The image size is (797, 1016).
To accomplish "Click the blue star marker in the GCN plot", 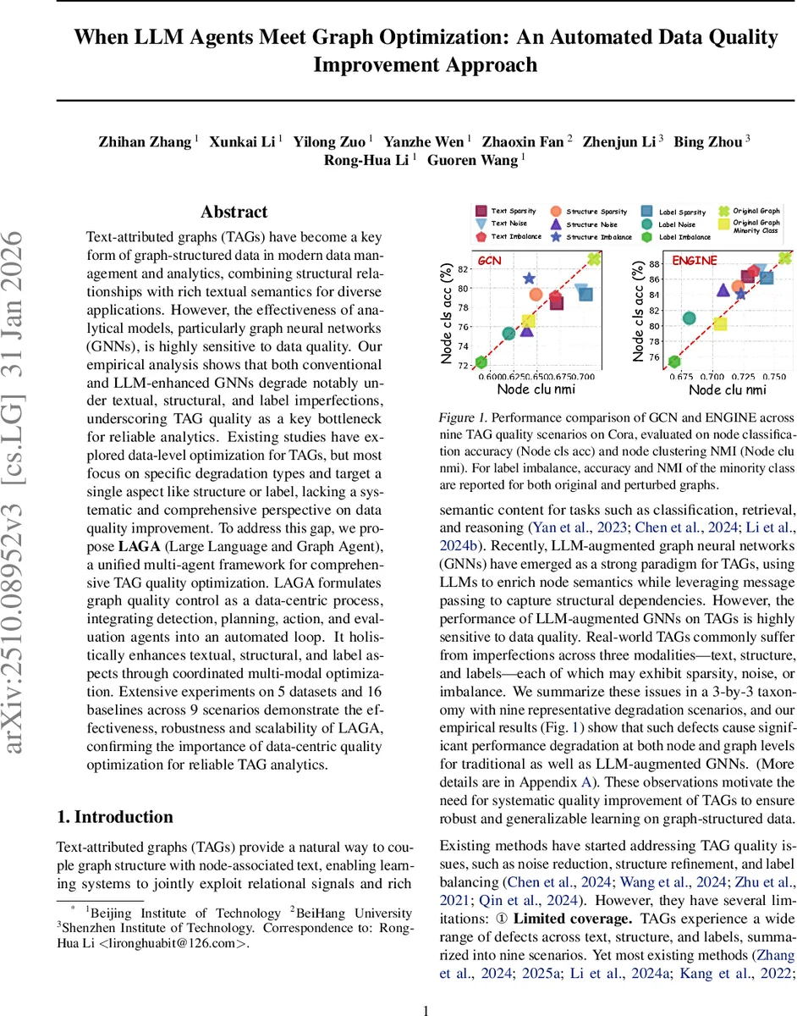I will [530, 279].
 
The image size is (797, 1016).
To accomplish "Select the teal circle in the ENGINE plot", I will [690, 318].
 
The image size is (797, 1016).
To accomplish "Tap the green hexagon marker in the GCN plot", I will [481, 362].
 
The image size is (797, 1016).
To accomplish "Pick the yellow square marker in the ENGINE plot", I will [720, 324].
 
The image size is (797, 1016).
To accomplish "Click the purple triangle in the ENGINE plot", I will [723, 290].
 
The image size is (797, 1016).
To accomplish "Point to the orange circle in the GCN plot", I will [536, 295].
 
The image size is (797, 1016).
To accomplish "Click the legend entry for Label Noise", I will [677, 224].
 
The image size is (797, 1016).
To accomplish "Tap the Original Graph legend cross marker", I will [723, 211].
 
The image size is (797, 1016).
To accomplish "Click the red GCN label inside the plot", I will [490, 261].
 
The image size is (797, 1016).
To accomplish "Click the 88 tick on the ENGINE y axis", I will [654, 264].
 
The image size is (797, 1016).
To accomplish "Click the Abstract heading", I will [234, 212].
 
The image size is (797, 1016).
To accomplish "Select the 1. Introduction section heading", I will [114, 816].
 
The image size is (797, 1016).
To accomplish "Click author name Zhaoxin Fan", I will [522, 141].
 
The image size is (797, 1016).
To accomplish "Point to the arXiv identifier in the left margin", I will [23, 508].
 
